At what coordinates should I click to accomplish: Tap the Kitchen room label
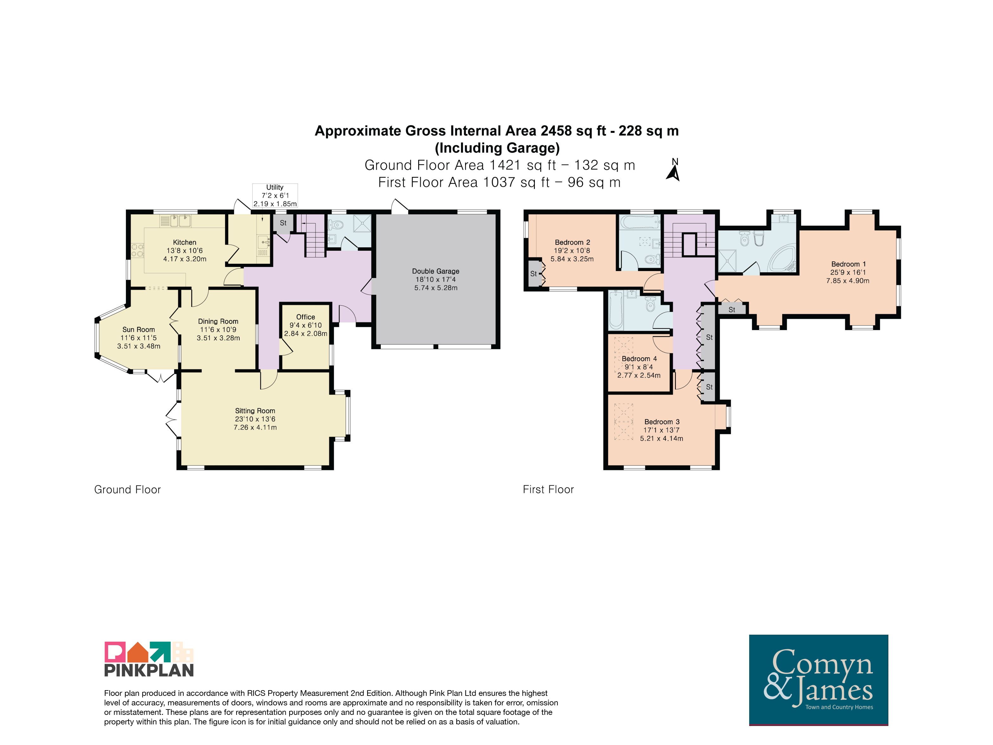tap(185, 242)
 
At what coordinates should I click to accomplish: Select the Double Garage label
tap(435, 271)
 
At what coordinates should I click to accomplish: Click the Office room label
tap(305, 317)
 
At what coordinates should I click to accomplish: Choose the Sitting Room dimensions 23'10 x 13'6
tap(255, 419)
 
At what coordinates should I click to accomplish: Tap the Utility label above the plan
tap(275, 187)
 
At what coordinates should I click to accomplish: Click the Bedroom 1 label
tap(848, 264)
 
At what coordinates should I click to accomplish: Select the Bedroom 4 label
tap(639, 359)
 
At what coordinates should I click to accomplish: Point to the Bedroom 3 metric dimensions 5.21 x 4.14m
tap(661, 438)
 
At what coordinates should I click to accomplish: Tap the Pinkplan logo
tap(149, 659)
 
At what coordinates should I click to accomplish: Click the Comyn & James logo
tap(818, 679)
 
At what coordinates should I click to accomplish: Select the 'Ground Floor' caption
tap(127, 489)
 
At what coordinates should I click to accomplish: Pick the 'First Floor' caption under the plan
tap(548, 489)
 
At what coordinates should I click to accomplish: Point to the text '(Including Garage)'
tap(497, 148)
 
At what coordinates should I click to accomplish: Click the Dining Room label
tap(218, 321)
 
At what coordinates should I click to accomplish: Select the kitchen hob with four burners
tap(137, 250)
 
